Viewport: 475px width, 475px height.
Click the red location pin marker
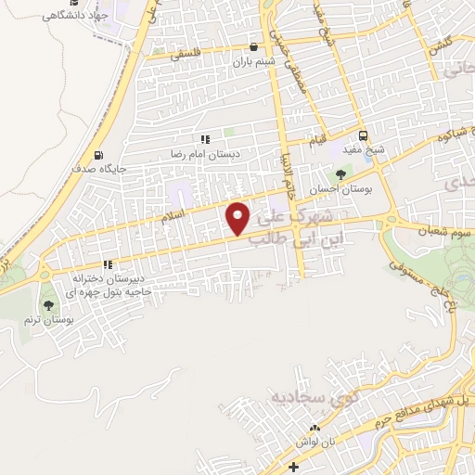click(x=238, y=218)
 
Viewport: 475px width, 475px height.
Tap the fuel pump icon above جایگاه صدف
click(x=99, y=155)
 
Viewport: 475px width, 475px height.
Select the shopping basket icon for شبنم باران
click(x=253, y=46)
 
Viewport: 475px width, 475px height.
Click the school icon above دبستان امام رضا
click(x=205, y=139)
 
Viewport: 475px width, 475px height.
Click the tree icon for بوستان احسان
click(x=342, y=173)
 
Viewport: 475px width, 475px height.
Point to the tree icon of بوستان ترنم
click(x=48, y=304)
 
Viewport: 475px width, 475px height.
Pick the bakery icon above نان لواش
click(x=314, y=429)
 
